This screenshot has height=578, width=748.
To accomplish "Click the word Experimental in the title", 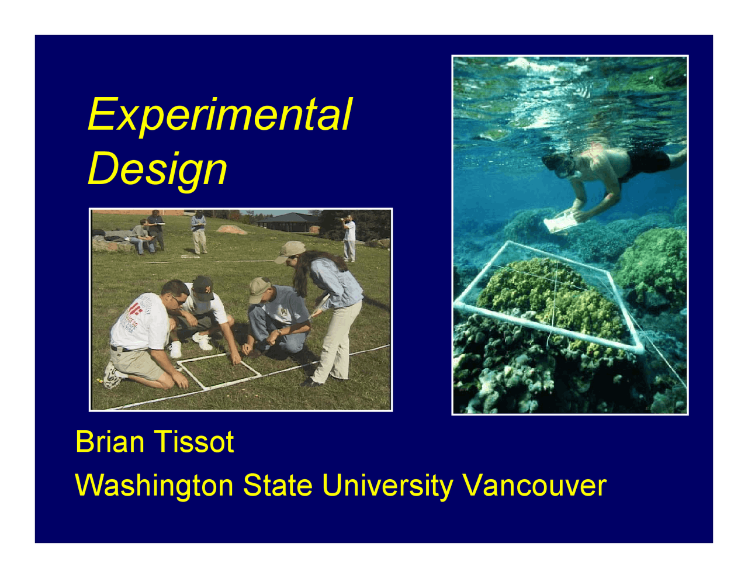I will [x=220, y=115].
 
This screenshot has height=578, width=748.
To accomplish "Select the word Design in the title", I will [x=157, y=169].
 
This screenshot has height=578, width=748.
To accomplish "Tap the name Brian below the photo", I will [x=110, y=442].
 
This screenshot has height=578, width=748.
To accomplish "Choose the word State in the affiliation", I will [x=278, y=486].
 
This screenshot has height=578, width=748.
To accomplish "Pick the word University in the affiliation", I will [x=387, y=486].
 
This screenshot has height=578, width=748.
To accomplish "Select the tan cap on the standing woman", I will [x=290, y=251].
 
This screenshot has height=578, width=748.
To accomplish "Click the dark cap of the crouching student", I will [x=202, y=288].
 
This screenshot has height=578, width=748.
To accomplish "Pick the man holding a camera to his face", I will [x=349, y=237].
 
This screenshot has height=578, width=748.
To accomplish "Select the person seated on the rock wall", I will [x=141, y=237].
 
